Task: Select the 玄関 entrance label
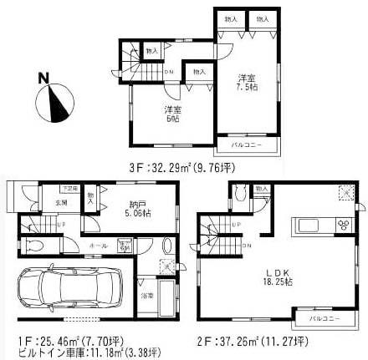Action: [x=62, y=203]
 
